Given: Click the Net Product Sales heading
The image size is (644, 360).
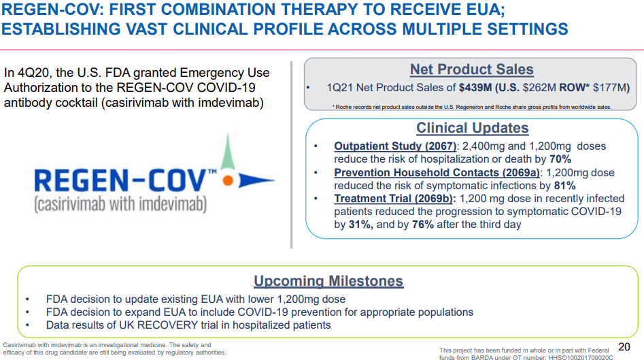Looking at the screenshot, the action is coord(471,69).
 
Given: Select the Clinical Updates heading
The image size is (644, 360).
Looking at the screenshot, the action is coord(473,128).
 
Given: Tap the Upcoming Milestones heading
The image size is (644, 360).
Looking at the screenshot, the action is coord(328,281).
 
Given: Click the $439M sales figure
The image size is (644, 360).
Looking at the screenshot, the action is coord(475,88).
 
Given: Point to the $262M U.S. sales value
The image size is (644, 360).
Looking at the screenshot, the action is coord(539,88).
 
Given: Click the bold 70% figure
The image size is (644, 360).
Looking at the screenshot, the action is coord(560,159).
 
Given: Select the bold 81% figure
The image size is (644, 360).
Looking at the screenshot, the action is coord(564,185).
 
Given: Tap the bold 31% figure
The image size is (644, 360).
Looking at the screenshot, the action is coord(360,225).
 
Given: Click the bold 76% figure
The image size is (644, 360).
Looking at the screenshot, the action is coord(423,225).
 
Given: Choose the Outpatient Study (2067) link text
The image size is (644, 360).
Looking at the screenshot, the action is coord(395,146).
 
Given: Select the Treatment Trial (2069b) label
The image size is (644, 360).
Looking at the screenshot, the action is coord(394,199).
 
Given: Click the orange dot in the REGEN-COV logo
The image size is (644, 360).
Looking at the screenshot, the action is coord(228,180).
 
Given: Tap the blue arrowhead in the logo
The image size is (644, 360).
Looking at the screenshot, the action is coord(256,180).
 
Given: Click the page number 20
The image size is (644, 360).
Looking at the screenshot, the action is coord(624,347).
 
